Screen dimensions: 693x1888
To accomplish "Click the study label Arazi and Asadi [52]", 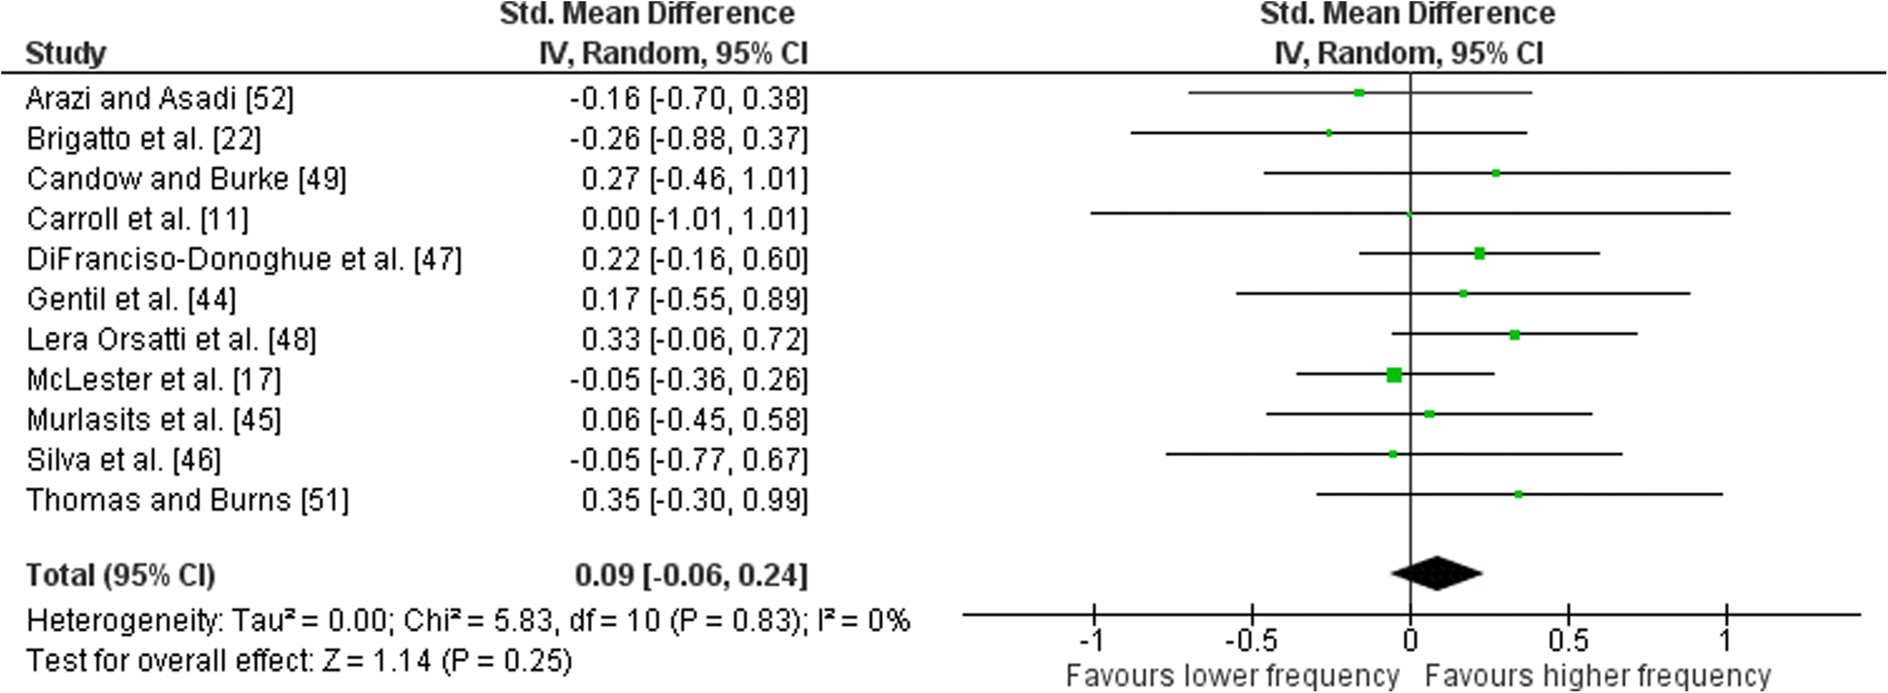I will point(160,99).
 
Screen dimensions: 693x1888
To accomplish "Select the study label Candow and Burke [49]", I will point(186,180).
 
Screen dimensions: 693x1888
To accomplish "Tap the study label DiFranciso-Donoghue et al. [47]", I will point(244,259).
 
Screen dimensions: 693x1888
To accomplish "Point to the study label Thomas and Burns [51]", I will point(187,500).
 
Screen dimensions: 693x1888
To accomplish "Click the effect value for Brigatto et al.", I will point(689,140).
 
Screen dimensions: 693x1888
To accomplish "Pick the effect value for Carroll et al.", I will point(694,219).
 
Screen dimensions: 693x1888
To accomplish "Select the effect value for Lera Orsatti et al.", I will point(694,340).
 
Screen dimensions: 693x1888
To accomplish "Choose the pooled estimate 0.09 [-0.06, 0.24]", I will point(691,576).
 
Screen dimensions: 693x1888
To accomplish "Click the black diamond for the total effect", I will point(1437,573).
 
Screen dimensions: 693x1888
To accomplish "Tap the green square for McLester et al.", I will point(1394,375).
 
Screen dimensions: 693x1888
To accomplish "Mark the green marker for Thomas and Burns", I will point(1518,495).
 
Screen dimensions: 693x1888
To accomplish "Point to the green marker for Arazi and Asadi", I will point(1359,93).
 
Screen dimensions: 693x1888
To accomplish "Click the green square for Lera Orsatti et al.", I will point(1514,335).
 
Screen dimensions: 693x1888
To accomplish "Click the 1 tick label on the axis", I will point(1725,641).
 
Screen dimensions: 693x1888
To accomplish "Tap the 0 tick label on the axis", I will point(1411,641).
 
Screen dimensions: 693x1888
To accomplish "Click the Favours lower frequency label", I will point(1232,676).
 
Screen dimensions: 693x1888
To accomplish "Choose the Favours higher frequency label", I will point(1598,676).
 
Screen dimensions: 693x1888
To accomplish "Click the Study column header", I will point(66,53).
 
